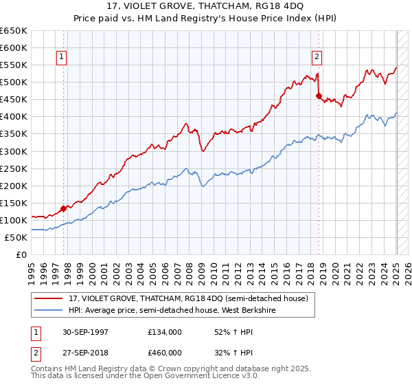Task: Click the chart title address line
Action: (205, 8)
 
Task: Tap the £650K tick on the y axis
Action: (14, 31)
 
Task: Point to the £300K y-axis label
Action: (14, 151)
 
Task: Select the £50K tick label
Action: (16, 237)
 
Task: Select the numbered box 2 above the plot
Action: (317, 57)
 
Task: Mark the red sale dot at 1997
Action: (64, 208)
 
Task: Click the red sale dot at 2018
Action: (319, 96)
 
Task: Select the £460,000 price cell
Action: (165, 353)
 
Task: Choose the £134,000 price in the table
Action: (165, 332)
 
